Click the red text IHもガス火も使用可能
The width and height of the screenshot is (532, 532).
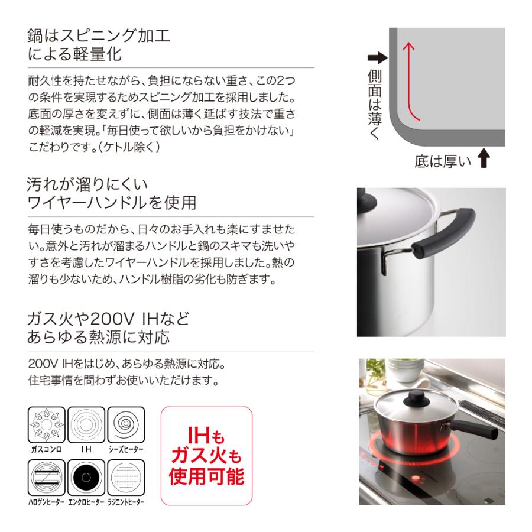click(x=206, y=456)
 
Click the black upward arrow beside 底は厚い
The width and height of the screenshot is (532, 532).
click(x=484, y=159)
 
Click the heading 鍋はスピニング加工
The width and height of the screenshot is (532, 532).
click(x=99, y=35)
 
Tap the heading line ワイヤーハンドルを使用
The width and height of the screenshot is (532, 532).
click(x=112, y=203)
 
